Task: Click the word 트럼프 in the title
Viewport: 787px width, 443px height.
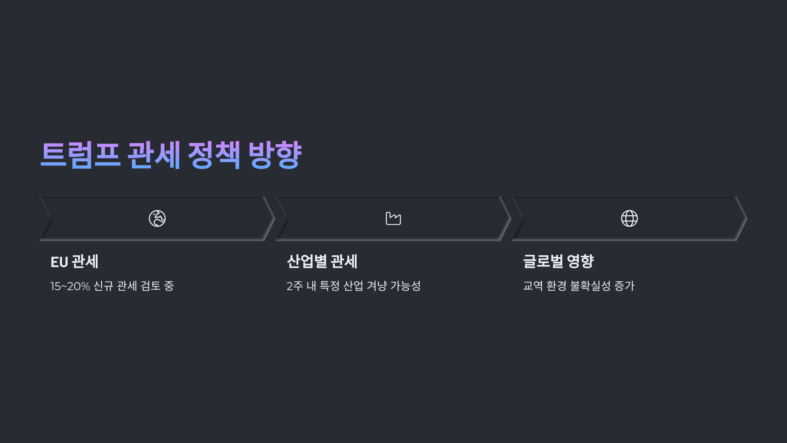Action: click(x=80, y=155)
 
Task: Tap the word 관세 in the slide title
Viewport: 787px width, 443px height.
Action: click(x=154, y=155)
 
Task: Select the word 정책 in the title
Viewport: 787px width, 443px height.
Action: click(x=214, y=155)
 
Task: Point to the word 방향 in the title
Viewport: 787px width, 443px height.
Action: click(x=275, y=155)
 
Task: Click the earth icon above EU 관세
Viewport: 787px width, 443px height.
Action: click(x=157, y=219)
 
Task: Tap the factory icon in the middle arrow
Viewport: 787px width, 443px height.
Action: click(x=393, y=219)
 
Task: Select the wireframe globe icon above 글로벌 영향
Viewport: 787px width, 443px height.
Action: click(x=629, y=219)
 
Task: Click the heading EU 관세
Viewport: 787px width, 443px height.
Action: click(x=74, y=262)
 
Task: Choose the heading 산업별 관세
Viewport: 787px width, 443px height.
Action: click(x=322, y=262)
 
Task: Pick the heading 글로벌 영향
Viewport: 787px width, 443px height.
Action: click(x=558, y=262)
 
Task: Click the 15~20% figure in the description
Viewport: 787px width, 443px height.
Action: click(x=70, y=286)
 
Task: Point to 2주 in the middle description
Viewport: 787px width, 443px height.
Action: click(x=294, y=286)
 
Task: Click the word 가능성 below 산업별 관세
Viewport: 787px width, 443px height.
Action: click(x=405, y=286)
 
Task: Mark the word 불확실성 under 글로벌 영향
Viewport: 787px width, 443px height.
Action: click(x=590, y=286)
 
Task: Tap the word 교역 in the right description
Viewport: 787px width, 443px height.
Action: click(x=533, y=286)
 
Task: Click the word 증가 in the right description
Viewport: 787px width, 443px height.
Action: click(x=624, y=286)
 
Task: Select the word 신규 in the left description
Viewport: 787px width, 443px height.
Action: click(x=104, y=286)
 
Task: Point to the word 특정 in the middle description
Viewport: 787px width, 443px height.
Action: click(x=330, y=286)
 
